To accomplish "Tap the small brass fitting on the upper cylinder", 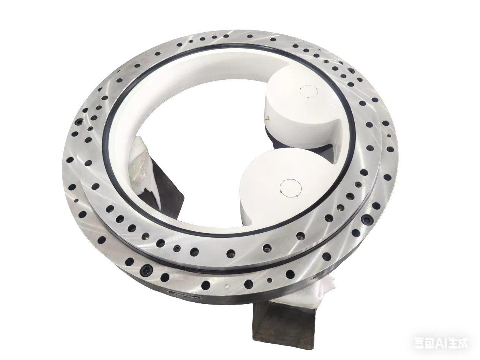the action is pos(267,118).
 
